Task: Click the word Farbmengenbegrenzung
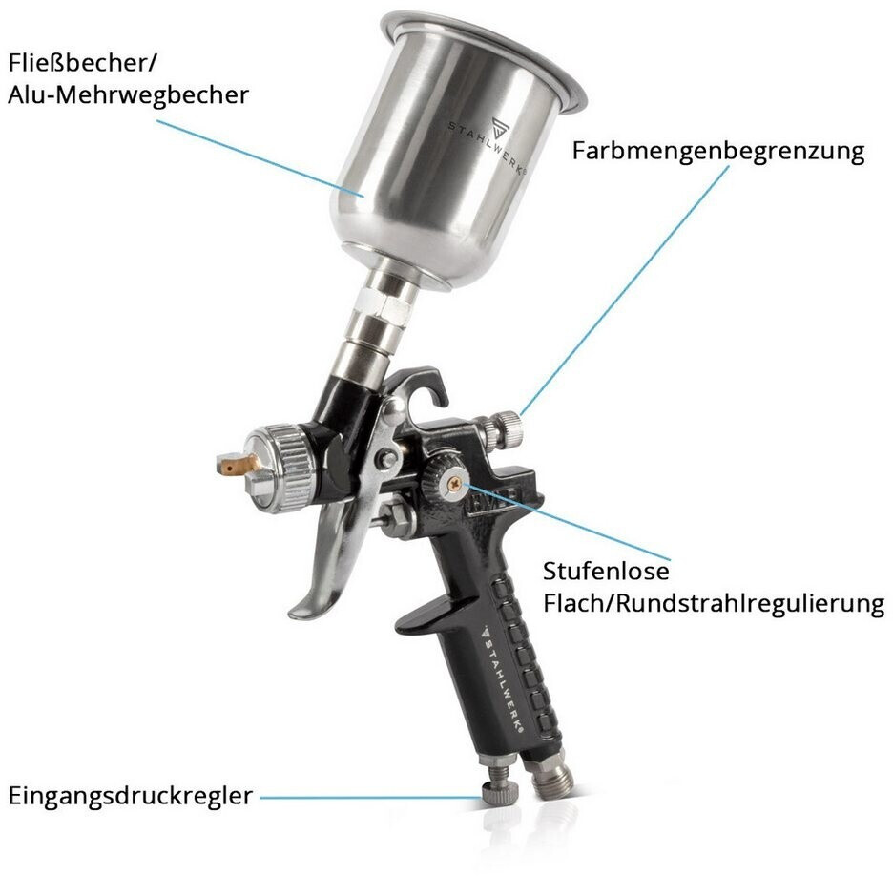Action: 718,152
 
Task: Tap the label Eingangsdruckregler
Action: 131,796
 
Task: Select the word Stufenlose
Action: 606,571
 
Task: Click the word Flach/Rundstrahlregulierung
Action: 714,603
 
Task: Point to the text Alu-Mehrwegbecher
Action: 129,94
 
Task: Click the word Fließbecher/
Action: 82,63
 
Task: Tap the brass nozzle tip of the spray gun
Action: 236,463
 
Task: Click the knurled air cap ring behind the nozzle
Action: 292,469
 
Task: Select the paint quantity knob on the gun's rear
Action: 503,429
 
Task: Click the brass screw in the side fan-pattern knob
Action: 454,485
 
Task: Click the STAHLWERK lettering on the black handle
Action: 502,678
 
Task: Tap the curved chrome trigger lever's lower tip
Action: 299,614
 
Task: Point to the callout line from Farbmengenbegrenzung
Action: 625,290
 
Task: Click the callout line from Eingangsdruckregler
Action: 371,798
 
